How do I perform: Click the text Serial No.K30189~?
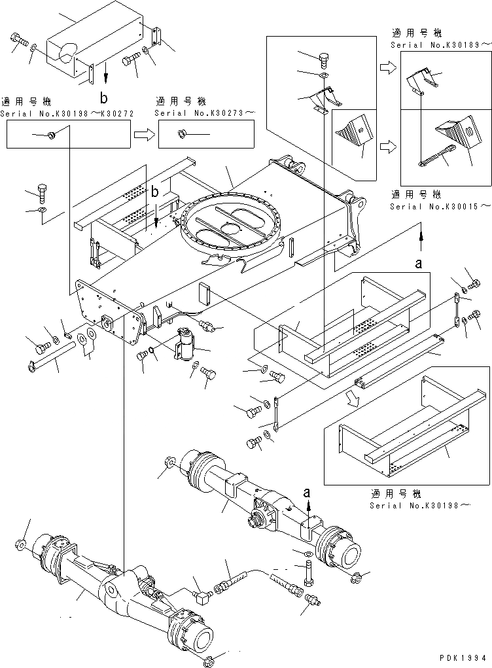439,44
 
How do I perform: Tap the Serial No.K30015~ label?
439,206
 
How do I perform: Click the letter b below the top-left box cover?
103,98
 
